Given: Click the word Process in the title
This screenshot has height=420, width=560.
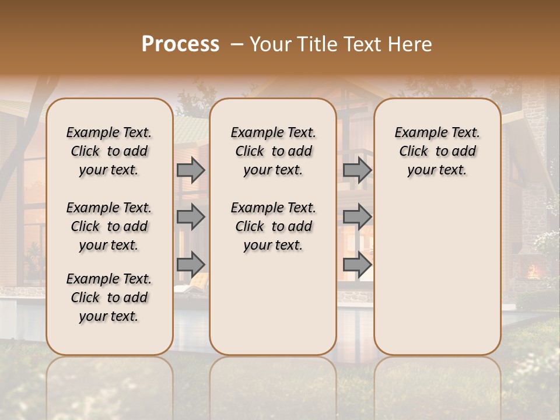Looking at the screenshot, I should tap(180, 44).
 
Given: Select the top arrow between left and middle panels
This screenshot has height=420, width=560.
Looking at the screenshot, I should tap(191, 170).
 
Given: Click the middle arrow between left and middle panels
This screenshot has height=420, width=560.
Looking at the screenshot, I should tap(191, 217).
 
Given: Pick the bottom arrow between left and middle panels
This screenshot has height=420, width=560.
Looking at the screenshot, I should tap(191, 265).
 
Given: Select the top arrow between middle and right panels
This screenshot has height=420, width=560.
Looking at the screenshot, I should tap(357, 170).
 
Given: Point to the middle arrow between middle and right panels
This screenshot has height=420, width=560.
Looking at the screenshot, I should tap(357, 217).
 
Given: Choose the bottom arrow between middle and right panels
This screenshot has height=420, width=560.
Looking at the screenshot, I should tap(357, 265).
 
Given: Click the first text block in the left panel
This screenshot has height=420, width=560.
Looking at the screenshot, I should tap(109, 151).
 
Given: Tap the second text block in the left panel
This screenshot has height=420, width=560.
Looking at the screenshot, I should tap(109, 226).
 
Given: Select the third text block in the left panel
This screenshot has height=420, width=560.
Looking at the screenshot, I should tap(109, 297).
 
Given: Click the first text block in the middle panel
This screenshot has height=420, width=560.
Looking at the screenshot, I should tap(273, 151).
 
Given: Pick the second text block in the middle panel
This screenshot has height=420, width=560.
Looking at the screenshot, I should tap(273, 226).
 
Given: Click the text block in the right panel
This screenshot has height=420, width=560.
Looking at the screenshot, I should tap(437, 151).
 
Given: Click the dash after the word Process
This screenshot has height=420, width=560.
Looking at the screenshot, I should tap(237, 45).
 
